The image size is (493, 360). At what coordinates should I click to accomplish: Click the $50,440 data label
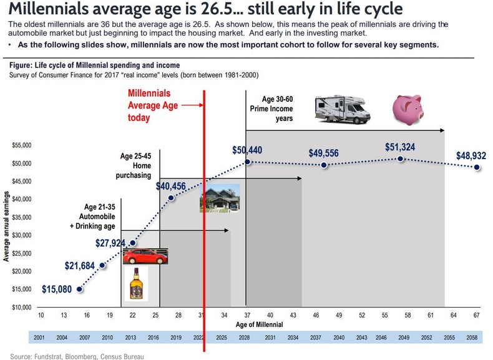pyautogui.click(x=248, y=151)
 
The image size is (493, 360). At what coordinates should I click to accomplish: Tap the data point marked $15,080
pyautogui.click(x=79, y=289)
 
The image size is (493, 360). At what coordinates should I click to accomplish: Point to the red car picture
pyautogui.click(x=144, y=256)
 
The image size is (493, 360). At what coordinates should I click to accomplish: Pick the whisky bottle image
pyautogui.click(x=134, y=285)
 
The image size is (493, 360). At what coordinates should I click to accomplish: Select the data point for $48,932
pyautogui.click(x=477, y=167)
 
